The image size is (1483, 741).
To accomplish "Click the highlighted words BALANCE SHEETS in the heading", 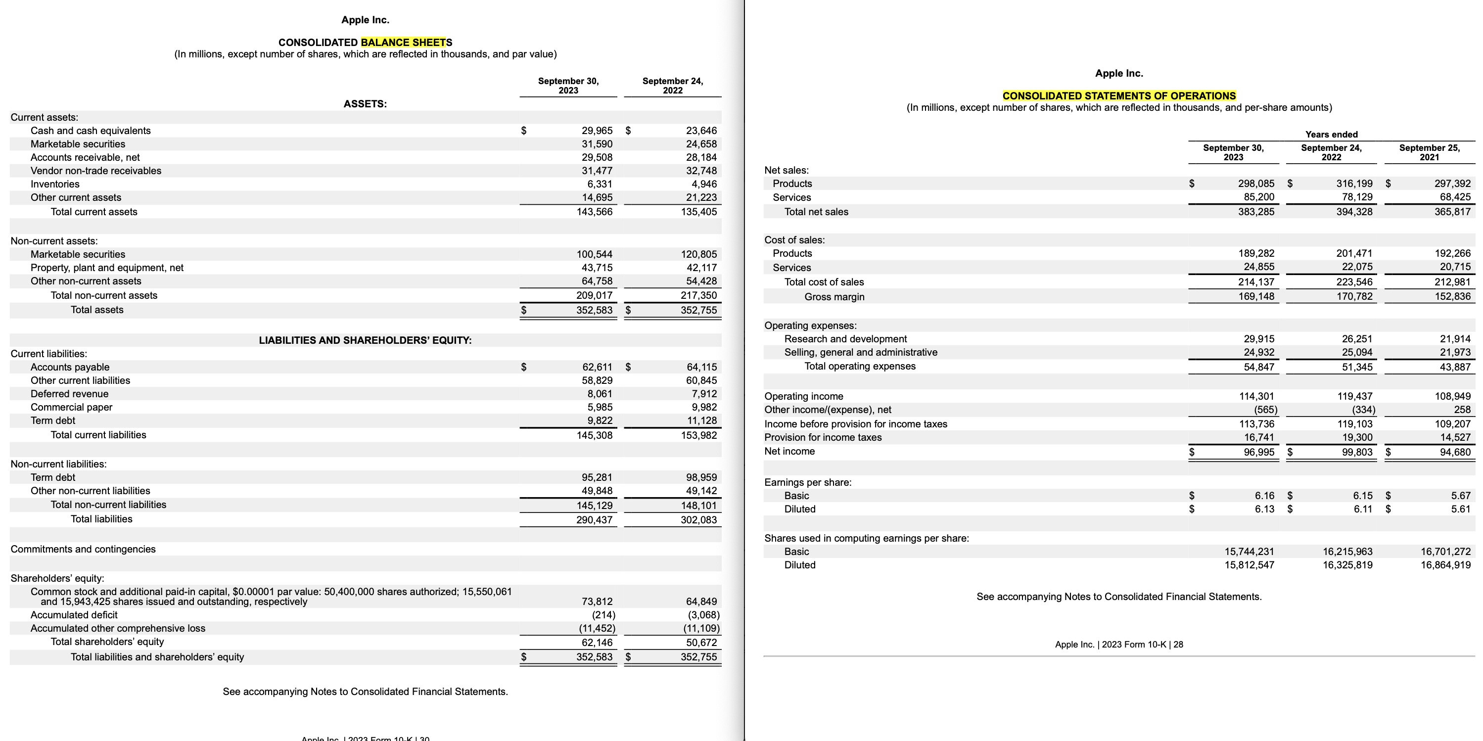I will click(406, 42).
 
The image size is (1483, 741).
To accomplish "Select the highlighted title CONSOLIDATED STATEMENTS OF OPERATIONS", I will click(1118, 95).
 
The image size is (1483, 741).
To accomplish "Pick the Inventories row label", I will click(55, 184).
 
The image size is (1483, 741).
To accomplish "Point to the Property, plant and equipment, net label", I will click(107, 268).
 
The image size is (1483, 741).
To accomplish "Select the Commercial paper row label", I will click(71, 407).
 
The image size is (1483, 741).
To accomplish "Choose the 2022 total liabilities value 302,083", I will click(698, 520).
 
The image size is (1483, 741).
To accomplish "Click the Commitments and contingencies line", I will click(83, 549).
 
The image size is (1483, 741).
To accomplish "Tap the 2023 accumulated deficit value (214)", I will click(603, 615).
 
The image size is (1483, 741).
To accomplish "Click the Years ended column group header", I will click(1331, 134).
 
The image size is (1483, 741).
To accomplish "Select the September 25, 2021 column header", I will click(1429, 152).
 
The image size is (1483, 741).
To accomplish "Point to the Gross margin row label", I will click(834, 297).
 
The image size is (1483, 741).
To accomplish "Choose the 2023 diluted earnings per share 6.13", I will click(1264, 509).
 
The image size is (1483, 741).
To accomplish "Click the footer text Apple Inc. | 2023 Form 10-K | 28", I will click(1118, 644).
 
